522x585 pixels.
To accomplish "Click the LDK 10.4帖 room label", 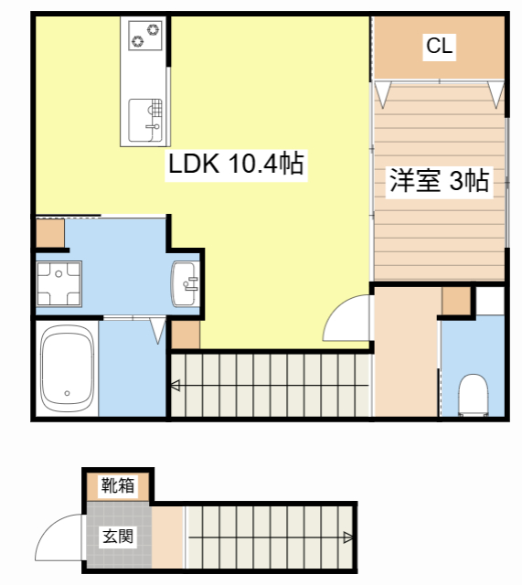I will click(x=235, y=165).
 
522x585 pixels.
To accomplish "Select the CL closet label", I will click(x=440, y=46).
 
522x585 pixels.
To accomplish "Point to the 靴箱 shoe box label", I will click(x=118, y=484).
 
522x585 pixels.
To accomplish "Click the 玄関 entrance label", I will click(x=118, y=536).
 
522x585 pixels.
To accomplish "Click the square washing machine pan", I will click(x=57, y=283).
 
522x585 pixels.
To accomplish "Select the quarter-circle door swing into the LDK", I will click(x=348, y=320).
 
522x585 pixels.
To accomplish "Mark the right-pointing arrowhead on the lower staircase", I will click(x=348, y=537).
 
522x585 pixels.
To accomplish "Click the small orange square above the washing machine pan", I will click(x=51, y=235).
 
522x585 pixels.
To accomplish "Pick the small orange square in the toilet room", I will click(x=455, y=301).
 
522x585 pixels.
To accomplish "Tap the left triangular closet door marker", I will click(x=383, y=91).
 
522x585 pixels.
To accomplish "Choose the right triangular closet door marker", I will click(x=495, y=92).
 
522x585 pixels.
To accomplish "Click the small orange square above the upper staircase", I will click(x=186, y=335).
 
